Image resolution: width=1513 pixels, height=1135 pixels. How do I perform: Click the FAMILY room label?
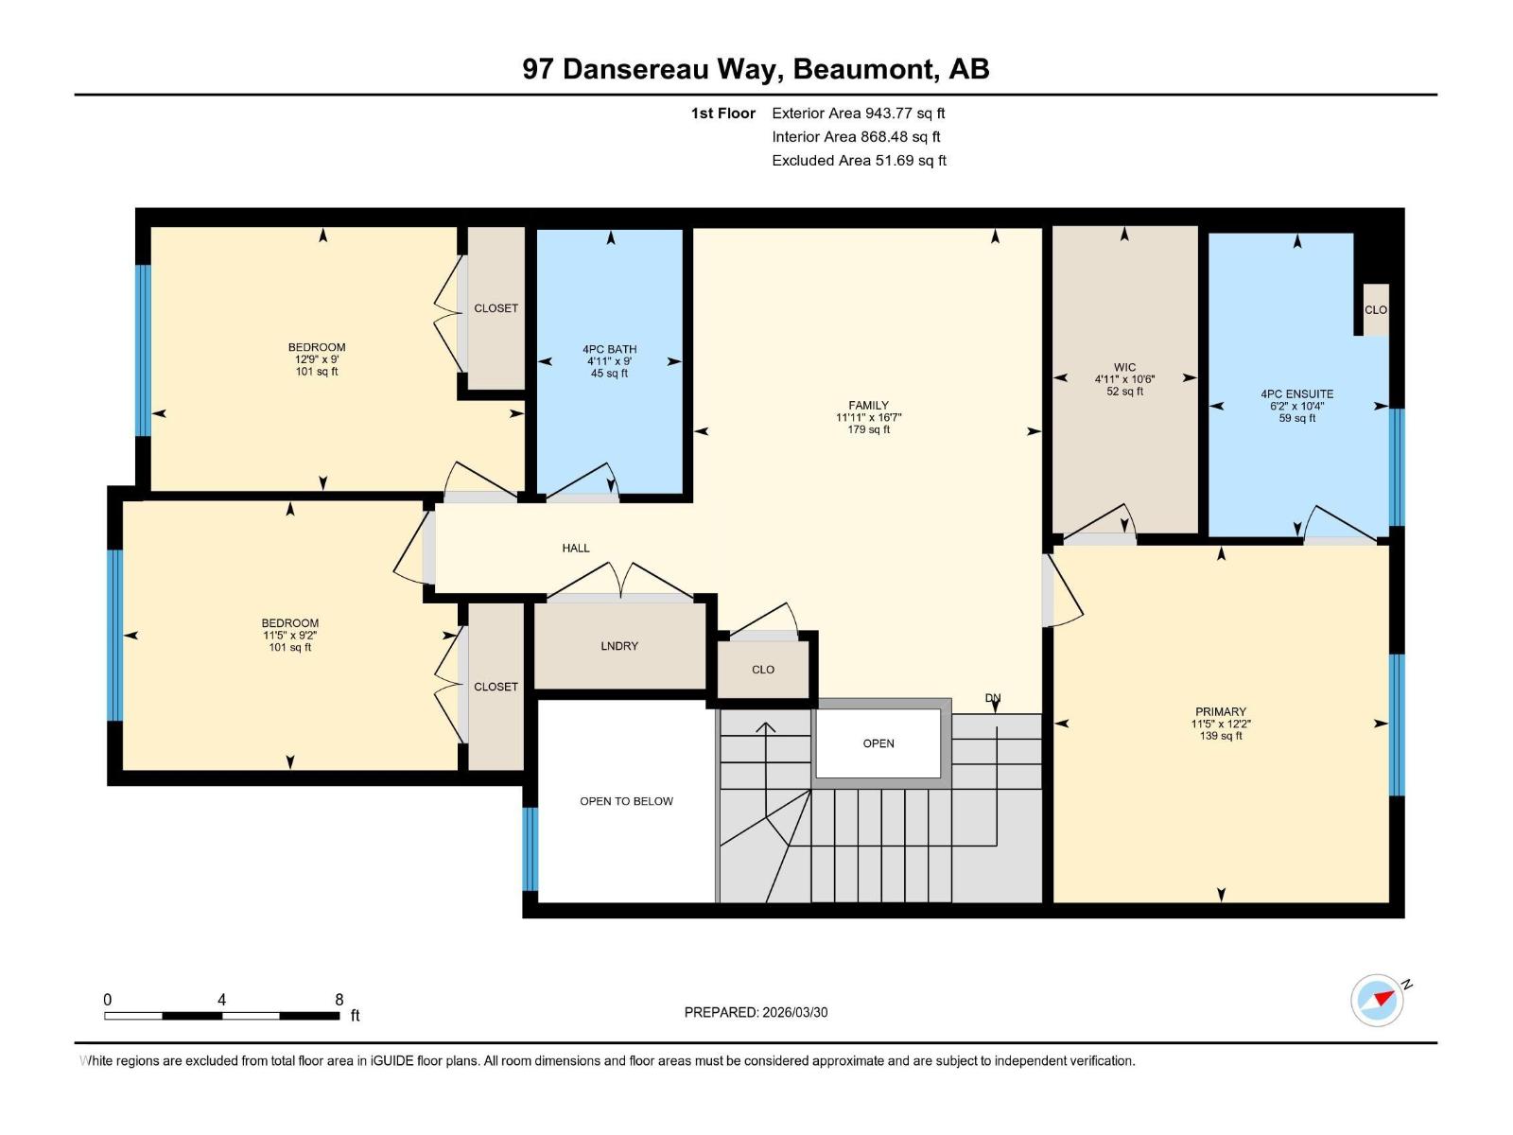pos(868,406)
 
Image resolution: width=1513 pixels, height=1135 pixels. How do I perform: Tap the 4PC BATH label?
pos(609,349)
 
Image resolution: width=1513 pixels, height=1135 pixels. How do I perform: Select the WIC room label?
pos(1124,367)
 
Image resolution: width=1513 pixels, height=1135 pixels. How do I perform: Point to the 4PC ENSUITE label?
pos(1296,393)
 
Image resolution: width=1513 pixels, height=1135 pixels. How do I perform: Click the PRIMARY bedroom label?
pos(1220,711)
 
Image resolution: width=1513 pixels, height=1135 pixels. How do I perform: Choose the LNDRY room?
pos(619,646)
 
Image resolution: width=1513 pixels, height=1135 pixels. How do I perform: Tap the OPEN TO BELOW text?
pos(626,801)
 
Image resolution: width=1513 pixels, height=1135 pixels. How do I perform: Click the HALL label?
pos(575,548)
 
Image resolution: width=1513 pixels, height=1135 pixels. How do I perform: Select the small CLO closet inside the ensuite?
pos(1375,310)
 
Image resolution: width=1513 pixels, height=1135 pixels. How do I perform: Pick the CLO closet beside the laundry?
pos(763,670)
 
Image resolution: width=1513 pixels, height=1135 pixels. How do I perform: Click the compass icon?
pos(1377,1001)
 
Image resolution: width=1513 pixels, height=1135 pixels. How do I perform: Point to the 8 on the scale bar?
pos(339,1000)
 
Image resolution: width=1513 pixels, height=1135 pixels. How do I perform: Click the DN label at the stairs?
pos(992,698)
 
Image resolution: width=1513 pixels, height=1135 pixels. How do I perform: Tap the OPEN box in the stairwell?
pos(878,743)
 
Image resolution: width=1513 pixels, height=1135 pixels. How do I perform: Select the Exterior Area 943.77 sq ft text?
pos(858,113)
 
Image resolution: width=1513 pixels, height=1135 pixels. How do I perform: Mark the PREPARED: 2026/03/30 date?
pos(756,1012)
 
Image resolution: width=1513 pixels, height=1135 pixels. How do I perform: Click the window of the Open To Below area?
pos(530,848)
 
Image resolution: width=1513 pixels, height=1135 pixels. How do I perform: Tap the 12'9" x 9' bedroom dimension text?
pos(316,359)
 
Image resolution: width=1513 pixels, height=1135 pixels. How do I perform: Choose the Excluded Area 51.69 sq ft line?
pos(858,160)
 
